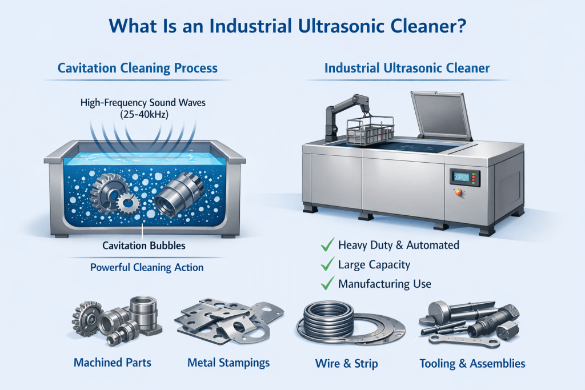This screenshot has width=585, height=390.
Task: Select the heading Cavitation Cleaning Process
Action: [x=138, y=69]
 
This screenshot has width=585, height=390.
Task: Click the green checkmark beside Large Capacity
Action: [x=327, y=264]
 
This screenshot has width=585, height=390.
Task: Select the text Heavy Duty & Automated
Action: [x=399, y=246]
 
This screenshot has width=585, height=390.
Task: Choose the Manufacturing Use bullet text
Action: [x=384, y=284]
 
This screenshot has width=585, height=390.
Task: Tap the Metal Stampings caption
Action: [x=229, y=363]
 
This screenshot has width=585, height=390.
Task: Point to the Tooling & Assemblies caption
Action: [x=472, y=363]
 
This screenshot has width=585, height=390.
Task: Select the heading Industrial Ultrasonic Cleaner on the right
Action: [x=407, y=69]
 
